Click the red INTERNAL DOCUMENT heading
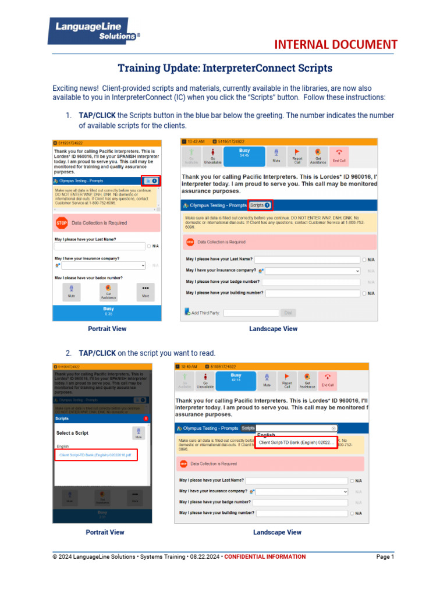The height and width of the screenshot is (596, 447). pyautogui.click(x=336, y=45)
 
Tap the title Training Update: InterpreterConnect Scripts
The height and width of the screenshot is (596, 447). pyautogui.click(x=225, y=68)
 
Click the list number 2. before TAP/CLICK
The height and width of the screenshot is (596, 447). pyautogui.click(x=68, y=353)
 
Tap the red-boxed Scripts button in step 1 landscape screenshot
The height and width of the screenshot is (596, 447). pyautogui.click(x=260, y=205)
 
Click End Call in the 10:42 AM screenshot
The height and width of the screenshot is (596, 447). pyautogui.click(x=339, y=155)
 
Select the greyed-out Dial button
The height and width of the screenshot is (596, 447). pyautogui.click(x=288, y=313)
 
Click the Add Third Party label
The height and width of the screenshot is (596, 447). pyautogui.click(x=205, y=313)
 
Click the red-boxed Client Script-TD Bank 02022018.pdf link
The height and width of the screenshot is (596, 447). pyautogui.click(x=96, y=455)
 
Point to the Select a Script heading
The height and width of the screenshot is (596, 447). pyautogui.click(x=72, y=433)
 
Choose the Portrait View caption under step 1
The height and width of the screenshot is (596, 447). pyautogui.click(x=107, y=329)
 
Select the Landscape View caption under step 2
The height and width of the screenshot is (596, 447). pyautogui.click(x=277, y=532)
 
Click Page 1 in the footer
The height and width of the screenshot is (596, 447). pyautogui.click(x=385, y=557)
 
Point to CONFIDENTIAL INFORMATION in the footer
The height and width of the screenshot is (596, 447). pyautogui.click(x=265, y=557)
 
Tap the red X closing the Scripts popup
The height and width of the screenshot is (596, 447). pyautogui.click(x=146, y=418)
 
